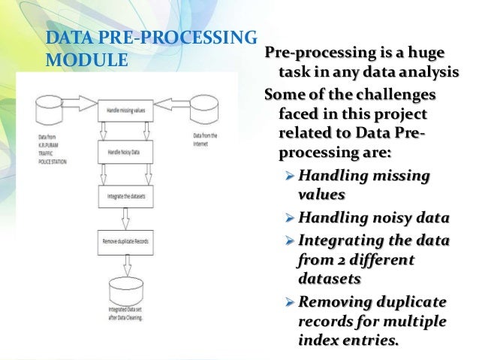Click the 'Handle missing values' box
point(125,110)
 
